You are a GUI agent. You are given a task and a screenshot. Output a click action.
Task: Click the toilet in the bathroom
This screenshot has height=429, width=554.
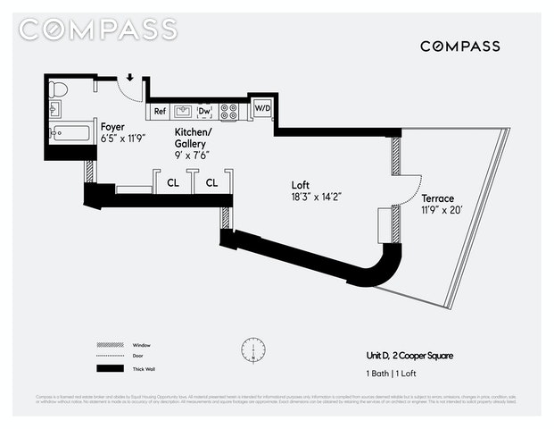point(60,89)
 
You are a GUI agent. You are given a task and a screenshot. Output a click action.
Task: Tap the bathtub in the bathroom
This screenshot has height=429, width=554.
point(70,134)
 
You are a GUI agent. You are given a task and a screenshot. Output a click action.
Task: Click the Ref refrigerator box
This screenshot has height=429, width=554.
point(160,111)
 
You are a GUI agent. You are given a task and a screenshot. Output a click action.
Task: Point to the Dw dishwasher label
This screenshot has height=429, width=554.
point(204,111)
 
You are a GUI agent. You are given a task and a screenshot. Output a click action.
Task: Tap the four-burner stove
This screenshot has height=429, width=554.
point(229,111)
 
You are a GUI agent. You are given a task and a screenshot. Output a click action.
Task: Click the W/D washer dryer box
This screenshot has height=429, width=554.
point(261,108)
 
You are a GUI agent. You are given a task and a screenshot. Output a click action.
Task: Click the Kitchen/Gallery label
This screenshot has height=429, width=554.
point(191,138)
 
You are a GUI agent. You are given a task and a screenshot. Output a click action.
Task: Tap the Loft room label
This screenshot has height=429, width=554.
point(301,185)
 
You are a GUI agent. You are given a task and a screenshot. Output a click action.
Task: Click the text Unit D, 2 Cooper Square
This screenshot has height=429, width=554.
point(409,356)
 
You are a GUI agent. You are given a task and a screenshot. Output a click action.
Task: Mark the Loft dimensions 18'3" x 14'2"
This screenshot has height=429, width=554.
point(316,197)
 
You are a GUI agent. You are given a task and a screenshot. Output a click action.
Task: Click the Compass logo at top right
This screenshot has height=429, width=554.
point(459,46)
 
